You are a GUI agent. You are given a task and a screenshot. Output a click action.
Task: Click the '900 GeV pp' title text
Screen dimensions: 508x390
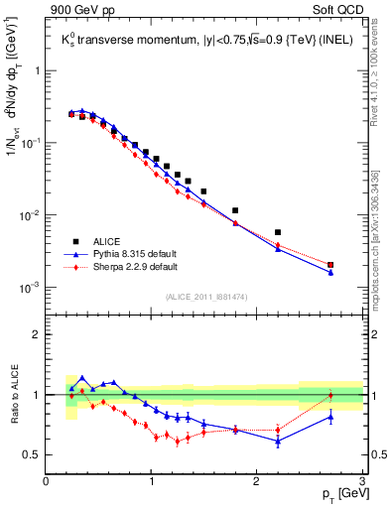click(80, 11)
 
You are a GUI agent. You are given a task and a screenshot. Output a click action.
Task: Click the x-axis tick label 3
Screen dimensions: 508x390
click(362, 481)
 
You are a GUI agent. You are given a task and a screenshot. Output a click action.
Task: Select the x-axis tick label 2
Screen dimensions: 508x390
click(257, 481)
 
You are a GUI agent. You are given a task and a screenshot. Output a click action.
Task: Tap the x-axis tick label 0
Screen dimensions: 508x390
click(46, 481)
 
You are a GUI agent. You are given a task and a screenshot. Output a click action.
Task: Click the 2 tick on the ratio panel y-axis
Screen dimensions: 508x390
click(37, 334)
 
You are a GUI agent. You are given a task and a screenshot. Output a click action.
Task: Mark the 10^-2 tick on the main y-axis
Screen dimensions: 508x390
click(30, 215)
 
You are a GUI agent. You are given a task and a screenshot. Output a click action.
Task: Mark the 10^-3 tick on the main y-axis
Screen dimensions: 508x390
click(30, 288)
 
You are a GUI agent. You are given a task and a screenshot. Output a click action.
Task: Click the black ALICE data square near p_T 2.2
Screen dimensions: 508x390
click(278, 232)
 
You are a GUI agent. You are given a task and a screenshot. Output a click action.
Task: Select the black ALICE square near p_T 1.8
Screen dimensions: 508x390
click(235, 210)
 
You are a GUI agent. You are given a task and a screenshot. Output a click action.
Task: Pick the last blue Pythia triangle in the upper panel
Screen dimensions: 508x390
click(330, 272)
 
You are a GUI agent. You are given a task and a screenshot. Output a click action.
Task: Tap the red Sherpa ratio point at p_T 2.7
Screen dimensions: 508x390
click(330, 395)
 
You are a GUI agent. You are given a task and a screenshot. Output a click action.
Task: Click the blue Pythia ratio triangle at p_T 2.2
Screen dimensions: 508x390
click(278, 441)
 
